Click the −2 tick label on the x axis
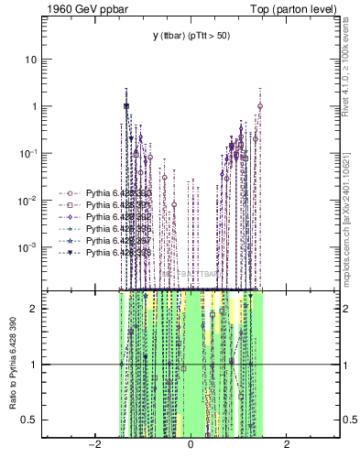point(93,445)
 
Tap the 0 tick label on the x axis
point(191,445)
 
